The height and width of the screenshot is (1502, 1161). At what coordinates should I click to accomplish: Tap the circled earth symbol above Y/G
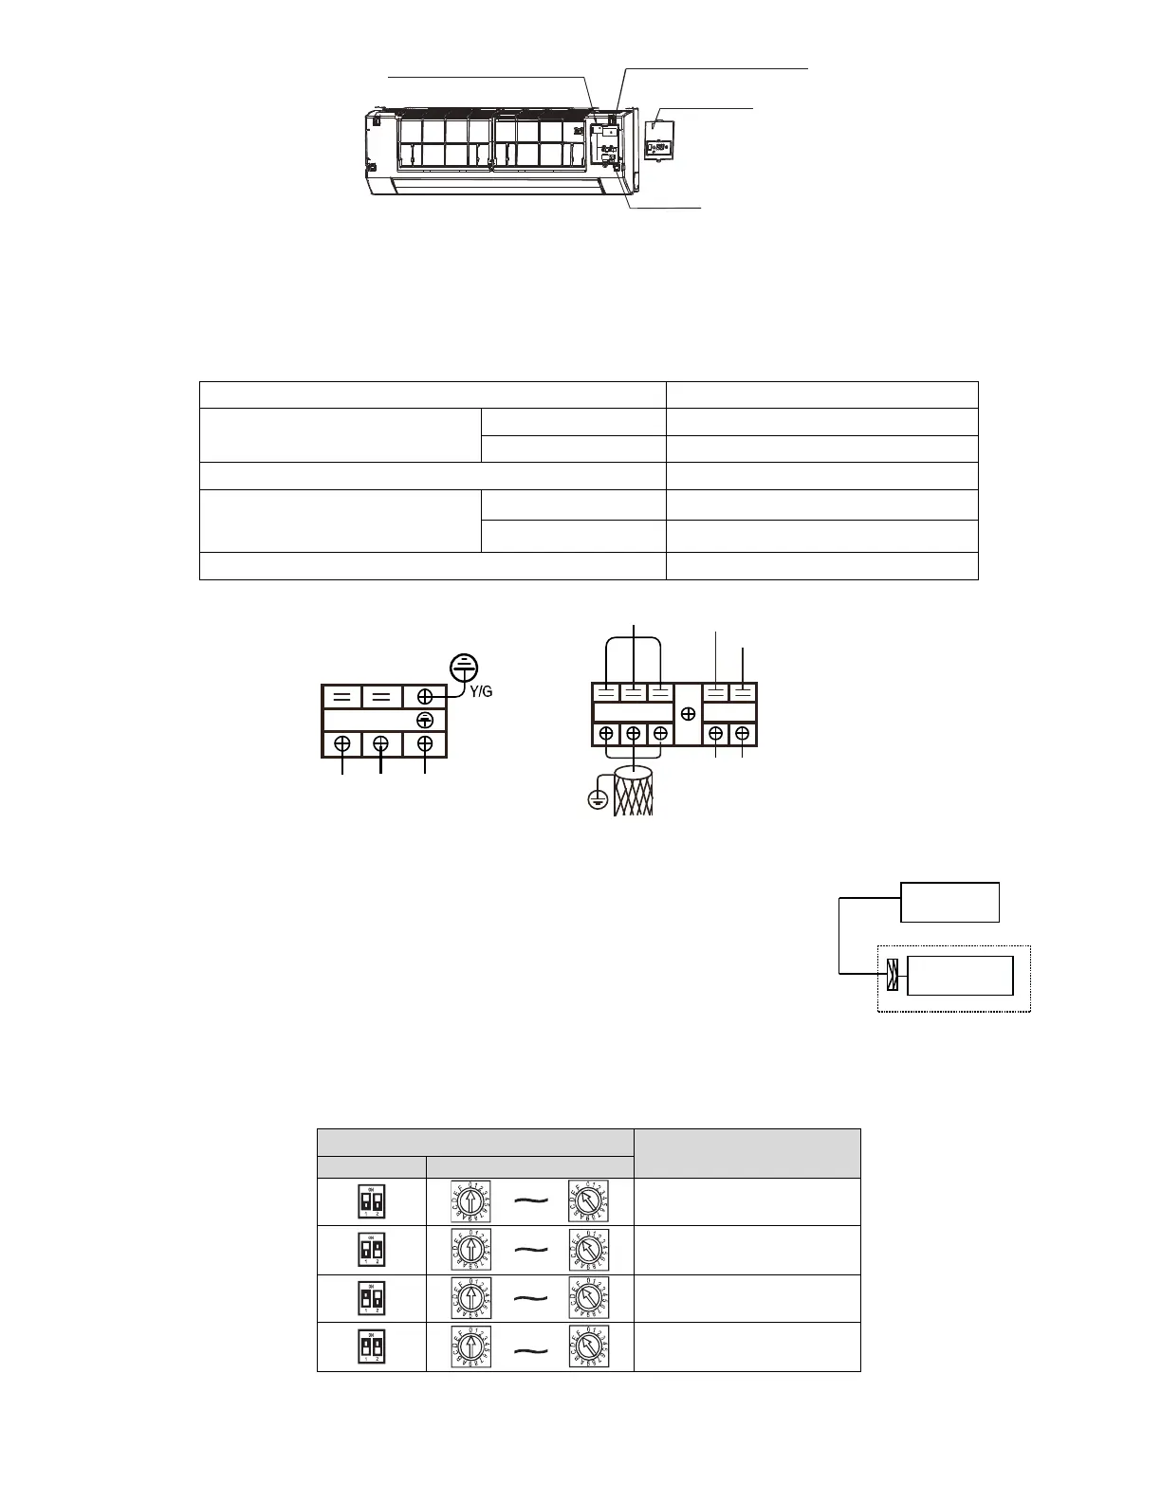click(x=462, y=667)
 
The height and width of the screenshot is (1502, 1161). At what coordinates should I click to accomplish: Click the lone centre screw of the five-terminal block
click(x=689, y=713)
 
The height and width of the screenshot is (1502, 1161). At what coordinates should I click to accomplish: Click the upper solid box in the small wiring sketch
click(x=949, y=902)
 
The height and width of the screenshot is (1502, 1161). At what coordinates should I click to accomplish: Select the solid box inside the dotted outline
click(x=960, y=975)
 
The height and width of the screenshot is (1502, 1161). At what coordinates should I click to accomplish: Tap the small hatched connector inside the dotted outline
click(x=891, y=975)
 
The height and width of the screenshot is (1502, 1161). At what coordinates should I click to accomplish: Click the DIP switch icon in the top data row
click(x=371, y=1201)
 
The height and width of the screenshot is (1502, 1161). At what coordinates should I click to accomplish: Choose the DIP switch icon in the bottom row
click(x=371, y=1346)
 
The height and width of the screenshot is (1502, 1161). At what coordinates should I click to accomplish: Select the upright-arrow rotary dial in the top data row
click(x=470, y=1200)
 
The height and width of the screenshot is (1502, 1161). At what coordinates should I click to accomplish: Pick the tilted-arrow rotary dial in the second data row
click(x=588, y=1250)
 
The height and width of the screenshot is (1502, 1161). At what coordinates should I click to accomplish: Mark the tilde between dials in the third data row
click(x=530, y=1300)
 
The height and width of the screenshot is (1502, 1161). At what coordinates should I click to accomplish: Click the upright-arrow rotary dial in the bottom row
click(x=470, y=1346)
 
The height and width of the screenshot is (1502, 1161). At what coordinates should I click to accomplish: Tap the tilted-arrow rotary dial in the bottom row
click(x=588, y=1346)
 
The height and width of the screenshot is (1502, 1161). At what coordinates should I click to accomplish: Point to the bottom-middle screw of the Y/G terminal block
click(x=380, y=743)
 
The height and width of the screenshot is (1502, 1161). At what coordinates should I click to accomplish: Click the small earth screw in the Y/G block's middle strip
click(x=426, y=721)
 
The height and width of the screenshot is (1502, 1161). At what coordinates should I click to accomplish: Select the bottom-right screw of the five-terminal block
click(x=742, y=734)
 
